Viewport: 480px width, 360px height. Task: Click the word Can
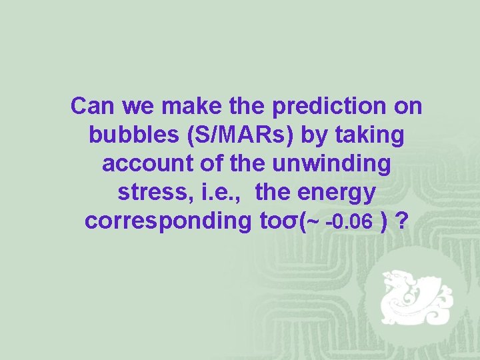point(91,106)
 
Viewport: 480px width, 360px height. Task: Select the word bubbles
point(131,135)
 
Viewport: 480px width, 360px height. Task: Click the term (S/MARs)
point(239,135)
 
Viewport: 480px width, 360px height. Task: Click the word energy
point(335,193)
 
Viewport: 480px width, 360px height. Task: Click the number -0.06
point(349,223)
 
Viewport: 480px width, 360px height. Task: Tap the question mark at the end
point(402,221)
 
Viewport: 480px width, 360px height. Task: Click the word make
point(190,106)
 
